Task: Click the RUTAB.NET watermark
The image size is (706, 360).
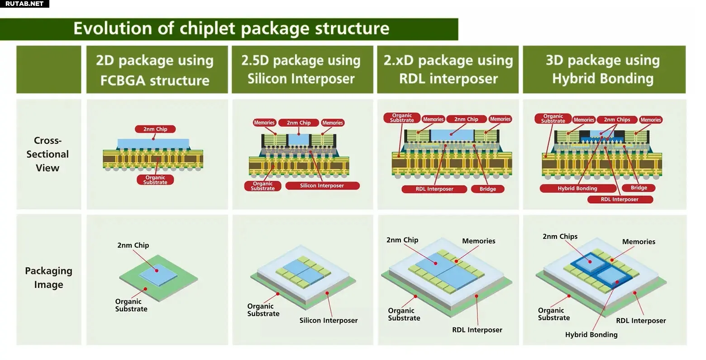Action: [x=24, y=4]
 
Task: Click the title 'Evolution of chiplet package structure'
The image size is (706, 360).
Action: [x=231, y=28]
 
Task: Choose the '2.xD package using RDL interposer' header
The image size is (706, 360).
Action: [x=448, y=70]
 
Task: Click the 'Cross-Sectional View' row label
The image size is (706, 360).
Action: [x=48, y=154]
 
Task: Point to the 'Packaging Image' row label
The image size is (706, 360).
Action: [x=48, y=278]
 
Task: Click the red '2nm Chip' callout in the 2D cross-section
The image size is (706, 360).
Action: [x=155, y=129]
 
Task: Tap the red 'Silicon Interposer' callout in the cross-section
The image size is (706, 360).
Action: [x=322, y=185]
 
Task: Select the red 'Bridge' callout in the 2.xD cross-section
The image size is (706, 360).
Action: [x=487, y=189]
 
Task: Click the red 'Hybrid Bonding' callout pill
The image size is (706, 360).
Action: [x=578, y=188]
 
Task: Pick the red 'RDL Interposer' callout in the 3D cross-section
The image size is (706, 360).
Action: [x=620, y=199]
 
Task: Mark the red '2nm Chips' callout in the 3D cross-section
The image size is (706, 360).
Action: [x=617, y=120]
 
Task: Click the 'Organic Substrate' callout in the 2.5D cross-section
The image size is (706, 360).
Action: [x=262, y=186]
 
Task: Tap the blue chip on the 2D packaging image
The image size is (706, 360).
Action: [x=158, y=275]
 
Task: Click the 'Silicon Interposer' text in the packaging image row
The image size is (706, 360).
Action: [x=329, y=320]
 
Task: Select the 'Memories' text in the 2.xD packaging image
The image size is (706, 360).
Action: [x=478, y=241]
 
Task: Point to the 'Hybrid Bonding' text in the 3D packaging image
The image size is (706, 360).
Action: [x=591, y=335]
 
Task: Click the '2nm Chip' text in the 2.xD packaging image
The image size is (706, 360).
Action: [x=402, y=240]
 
